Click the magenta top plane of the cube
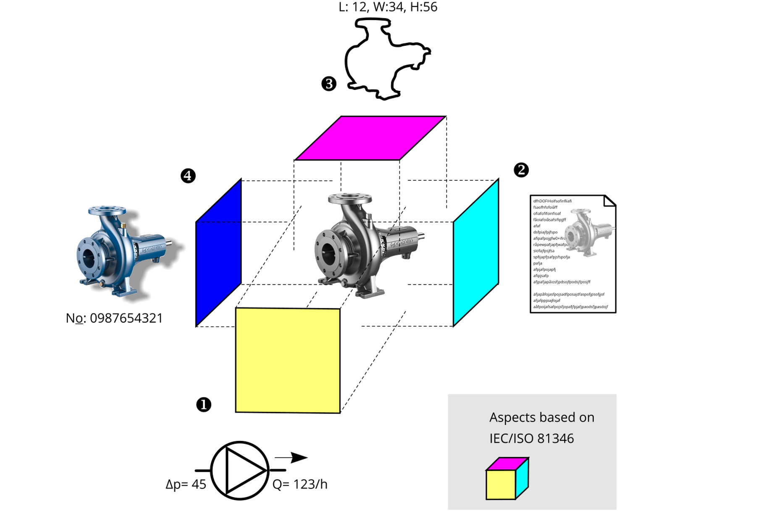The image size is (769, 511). (x=370, y=138)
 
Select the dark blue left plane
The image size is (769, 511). (x=218, y=252)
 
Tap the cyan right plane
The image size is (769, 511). (x=476, y=252)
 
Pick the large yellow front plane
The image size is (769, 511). (x=288, y=361)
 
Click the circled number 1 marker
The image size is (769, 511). (x=204, y=405)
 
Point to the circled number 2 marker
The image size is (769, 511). (x=521, y=170)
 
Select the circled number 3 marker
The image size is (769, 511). (x=329, y=84)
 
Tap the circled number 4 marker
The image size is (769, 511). (x=188, y=175)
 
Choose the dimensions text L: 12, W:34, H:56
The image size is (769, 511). (x=388, y=7)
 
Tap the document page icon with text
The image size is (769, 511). (x=573, y=254)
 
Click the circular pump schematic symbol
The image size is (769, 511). (x=240, y=470)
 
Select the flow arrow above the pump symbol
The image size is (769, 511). (x=291, y=457)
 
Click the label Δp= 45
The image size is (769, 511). (x=186, y=485)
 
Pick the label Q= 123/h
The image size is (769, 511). (x=300, y=485)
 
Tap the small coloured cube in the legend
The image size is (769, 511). (x=507, y=479)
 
